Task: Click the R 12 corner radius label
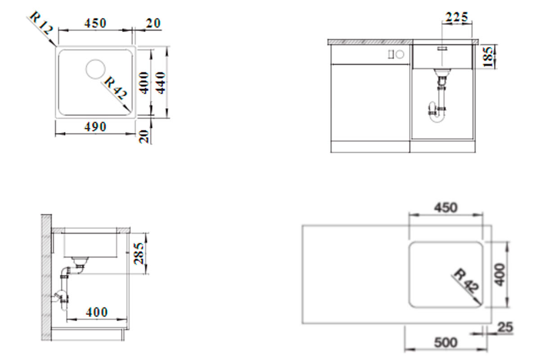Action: [x=41, y=23]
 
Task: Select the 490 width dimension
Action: [x=95, y=127]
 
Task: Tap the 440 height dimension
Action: [x=160, y=83]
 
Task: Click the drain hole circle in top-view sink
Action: [x=95, y=69]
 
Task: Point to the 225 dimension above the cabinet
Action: [x=456, y=18]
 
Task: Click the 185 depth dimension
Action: [x=488, y=57]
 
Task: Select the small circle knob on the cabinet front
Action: [x=400, y=54]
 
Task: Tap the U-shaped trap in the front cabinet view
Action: [x=437, y=112]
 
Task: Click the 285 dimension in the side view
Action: [x=139, y=253]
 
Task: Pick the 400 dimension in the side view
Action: [x=96, y=312]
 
